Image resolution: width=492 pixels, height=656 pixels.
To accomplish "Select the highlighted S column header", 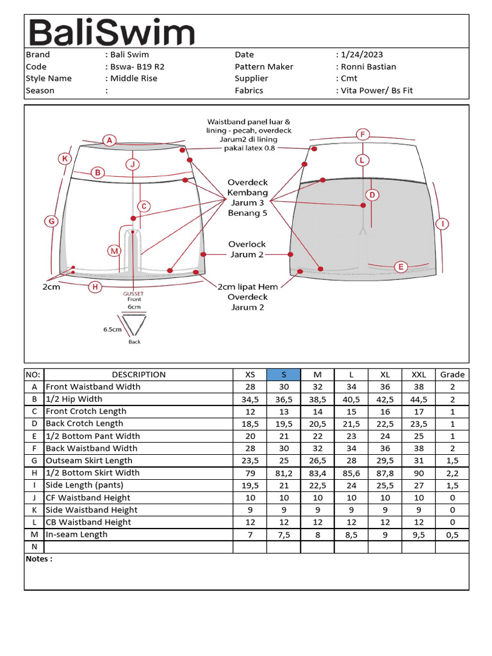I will (x=284, y=375).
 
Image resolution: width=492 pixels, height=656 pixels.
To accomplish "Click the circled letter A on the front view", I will (x=110, y=140).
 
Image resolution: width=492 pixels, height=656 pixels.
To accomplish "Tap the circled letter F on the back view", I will (x=363, y=135).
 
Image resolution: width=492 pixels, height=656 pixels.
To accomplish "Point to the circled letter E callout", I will (x=401, y=267).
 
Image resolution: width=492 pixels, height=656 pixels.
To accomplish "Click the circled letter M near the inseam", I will (x=115, y=251).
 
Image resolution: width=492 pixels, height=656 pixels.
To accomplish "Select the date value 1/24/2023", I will (x=363, y=55).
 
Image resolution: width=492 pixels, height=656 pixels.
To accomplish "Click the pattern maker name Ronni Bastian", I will (x=368, y=67).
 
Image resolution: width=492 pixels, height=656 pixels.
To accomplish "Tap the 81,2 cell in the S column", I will (x=284, y=473).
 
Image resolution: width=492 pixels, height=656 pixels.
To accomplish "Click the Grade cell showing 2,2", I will (x=452, y=473).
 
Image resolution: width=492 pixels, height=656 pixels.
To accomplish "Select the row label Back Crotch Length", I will (x=85, y=423).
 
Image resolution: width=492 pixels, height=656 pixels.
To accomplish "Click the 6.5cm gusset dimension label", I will (x=112, y=330).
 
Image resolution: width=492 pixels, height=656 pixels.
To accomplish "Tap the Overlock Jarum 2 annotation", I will (x=247, y=249).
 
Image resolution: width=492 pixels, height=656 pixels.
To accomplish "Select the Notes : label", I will (x=39, y=559).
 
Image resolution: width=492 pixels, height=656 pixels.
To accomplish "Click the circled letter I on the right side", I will (x=442, y=224).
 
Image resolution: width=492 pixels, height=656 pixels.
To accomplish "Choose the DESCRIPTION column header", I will (x=138, y=375).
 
